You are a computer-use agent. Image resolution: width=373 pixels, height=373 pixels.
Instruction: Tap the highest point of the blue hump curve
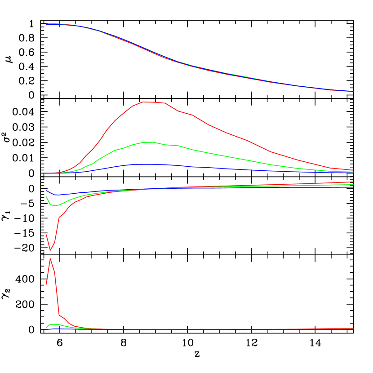[x=144, y=164]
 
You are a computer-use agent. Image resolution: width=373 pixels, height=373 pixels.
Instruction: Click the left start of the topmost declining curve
[x=46, y=24]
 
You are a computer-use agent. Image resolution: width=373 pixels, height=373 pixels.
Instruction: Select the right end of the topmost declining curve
[x=353, y=91]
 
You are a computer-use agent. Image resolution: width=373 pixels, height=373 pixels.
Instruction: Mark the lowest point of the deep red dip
[x=50, y=250]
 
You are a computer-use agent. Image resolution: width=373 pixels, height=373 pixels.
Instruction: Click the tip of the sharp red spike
[x=50, y=258]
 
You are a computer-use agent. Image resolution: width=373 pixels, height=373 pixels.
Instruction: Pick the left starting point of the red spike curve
[x=46, y=284]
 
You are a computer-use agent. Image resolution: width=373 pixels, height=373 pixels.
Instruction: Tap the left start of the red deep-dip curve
[x=46, y=235]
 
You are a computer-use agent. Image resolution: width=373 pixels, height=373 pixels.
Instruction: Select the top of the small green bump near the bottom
[x=51, y=324]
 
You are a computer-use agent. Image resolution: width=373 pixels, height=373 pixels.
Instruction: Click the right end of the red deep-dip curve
[x=353, y=182]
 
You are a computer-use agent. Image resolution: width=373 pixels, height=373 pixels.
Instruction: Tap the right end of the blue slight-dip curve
[x=353, y=187]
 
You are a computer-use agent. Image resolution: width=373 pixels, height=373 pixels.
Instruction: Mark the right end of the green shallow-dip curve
[x=353, y=184]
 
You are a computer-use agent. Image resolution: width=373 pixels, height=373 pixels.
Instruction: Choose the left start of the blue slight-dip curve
[x=46, y=191]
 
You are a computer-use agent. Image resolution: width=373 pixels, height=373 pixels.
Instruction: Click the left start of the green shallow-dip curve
[x=46, y=197]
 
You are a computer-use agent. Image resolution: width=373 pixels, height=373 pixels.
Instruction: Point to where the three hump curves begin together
[x=46, y=173]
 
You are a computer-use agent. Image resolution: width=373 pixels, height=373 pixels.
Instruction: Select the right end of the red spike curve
[x=353, y=329]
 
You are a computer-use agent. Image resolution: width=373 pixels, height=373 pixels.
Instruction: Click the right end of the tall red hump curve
[x=353, y=170]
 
